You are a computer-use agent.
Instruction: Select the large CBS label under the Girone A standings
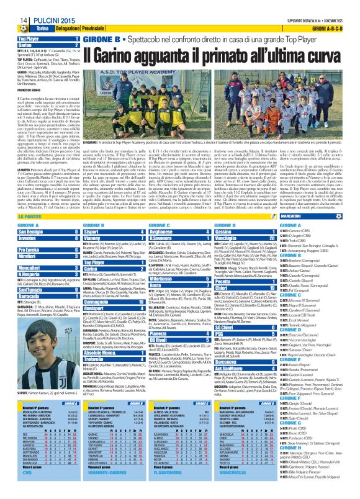(25, 488)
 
